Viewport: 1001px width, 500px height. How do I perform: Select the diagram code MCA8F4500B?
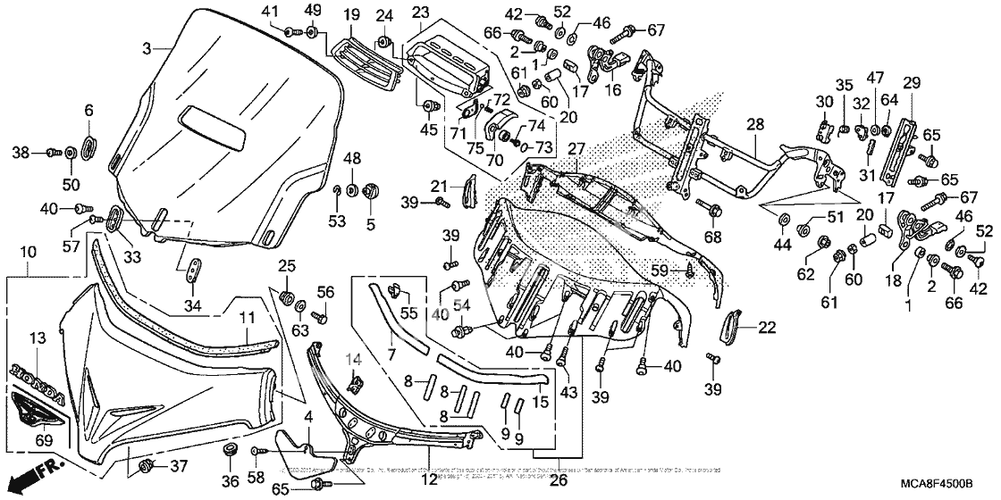(937, 483)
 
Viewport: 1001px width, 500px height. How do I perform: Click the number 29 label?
(911, 83)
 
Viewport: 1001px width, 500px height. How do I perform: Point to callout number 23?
(421, 12)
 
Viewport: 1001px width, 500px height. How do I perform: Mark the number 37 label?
(179, 465)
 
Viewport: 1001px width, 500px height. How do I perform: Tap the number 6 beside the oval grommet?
(88, 110)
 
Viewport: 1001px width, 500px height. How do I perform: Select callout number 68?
(711, 237)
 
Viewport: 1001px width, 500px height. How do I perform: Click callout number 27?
(575, 149)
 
